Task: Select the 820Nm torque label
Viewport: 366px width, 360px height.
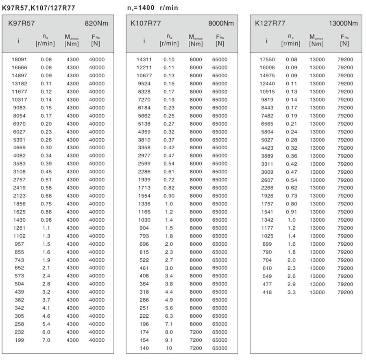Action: point(96,24)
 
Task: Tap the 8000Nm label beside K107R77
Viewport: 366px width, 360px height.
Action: point(221,24)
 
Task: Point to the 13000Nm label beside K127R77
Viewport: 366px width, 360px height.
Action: point(344,24)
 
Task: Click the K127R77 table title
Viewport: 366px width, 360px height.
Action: point(270,24)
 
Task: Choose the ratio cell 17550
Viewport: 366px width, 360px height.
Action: point(267,59)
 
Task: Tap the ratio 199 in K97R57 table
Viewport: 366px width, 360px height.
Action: point(19,340)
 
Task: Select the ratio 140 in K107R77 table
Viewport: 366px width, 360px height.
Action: point(144,348)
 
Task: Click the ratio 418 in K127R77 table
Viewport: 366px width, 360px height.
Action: point(267,292)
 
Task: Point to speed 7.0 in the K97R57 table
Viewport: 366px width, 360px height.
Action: point(46,340)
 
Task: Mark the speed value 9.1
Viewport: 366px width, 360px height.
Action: point(169,340)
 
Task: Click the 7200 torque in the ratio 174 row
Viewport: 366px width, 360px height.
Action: point(196,332)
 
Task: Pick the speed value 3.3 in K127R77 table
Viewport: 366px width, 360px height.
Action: point(292,292)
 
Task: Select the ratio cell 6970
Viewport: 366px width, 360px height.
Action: point(19,124)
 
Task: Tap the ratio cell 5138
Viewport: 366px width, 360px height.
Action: point(144,124)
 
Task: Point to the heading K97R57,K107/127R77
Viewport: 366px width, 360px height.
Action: point(39,8)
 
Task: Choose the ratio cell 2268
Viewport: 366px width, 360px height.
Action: point(267,188)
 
